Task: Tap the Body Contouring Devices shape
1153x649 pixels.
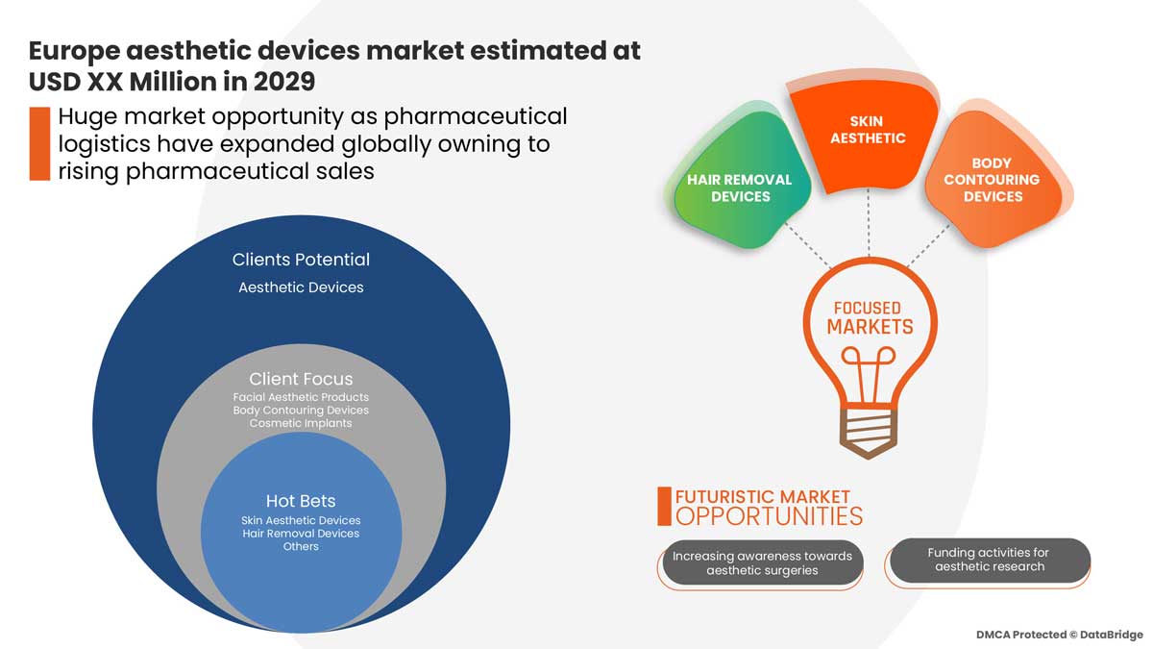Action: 993,178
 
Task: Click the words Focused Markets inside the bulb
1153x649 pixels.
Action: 869,318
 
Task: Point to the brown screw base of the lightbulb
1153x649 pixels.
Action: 869,433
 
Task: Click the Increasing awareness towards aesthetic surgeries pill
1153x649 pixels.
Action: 762,563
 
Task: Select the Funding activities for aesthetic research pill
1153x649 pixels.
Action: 989,560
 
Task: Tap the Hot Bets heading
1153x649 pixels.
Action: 301,501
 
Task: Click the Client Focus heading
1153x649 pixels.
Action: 301,379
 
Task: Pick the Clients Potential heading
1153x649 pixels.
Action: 301,260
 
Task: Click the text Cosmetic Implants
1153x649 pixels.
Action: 301,423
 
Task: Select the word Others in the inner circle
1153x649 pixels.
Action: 301,546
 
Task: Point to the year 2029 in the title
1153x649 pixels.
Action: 283,82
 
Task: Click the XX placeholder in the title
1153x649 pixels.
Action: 105,82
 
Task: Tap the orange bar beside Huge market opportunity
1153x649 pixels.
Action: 39,143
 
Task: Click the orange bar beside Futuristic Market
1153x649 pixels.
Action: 665,507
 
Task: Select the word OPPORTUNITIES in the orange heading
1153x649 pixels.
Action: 769,516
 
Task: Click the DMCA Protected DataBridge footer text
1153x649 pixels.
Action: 1059,635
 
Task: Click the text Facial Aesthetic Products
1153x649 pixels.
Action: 301,397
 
